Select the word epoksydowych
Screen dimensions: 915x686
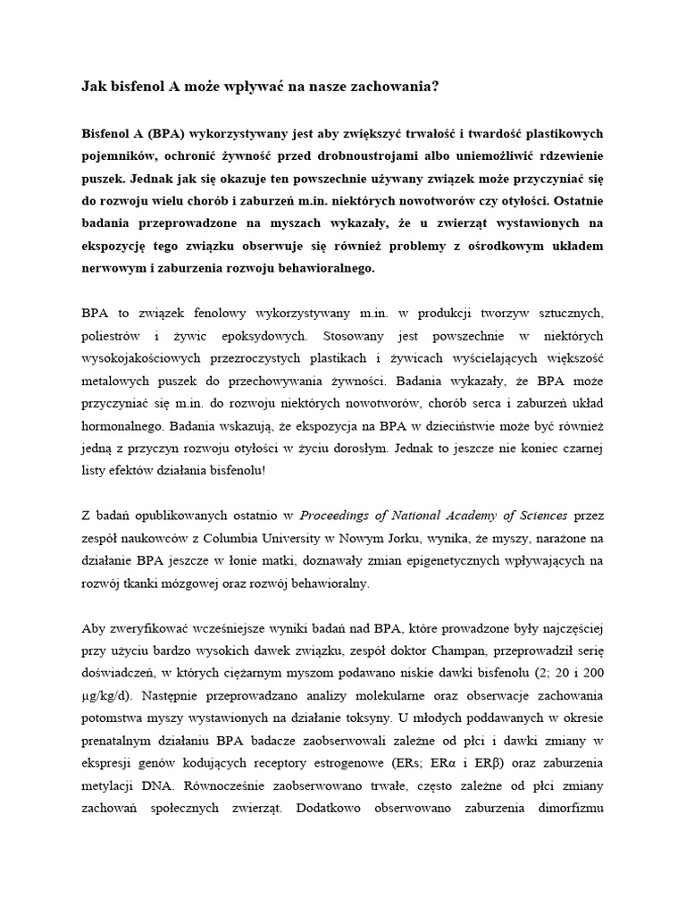pos(267,336)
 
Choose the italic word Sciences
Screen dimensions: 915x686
pos(538,516)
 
